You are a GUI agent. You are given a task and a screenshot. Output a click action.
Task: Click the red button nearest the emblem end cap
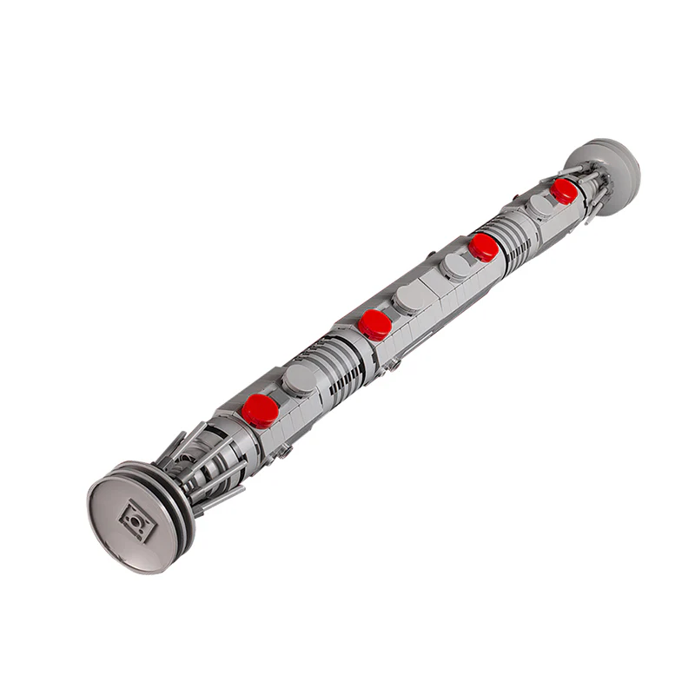point(260,409)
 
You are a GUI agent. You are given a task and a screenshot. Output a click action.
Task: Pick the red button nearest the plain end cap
point(564,190)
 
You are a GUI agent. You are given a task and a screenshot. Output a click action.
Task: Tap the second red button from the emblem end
point(374,324)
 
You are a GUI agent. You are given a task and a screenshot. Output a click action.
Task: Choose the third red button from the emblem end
point(483,247)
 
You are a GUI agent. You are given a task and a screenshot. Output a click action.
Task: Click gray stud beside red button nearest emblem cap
point(300,380)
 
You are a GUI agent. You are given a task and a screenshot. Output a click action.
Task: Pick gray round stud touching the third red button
point(456,265)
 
